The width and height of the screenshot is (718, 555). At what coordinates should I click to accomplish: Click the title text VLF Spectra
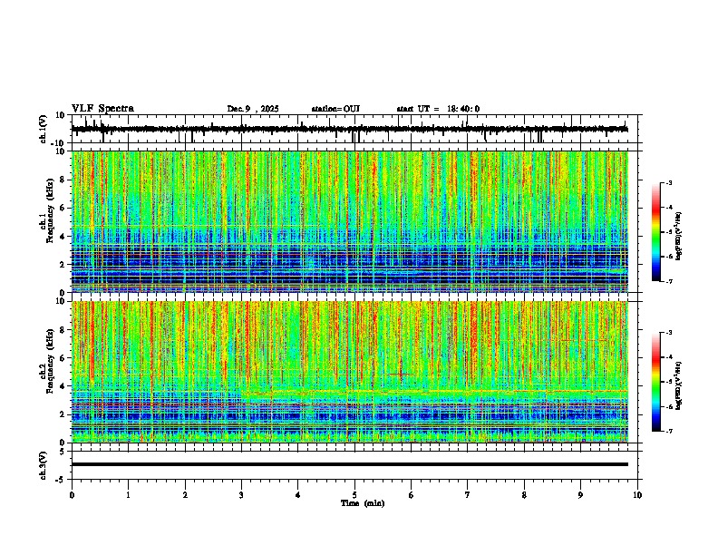coord(102,109)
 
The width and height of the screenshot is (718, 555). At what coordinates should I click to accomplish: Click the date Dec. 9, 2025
coord(253,109)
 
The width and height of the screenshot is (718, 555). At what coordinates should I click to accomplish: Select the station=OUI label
coord(335,109)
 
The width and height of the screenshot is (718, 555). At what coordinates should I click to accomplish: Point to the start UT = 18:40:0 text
coord(438,109)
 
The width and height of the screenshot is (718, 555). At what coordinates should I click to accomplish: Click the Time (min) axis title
coord(362,502)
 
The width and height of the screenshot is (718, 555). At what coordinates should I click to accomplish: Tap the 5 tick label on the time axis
coord(354,495)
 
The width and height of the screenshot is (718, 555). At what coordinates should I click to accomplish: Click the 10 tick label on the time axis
coord(637,495)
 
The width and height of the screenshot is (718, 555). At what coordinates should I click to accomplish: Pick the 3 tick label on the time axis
coord(241,495)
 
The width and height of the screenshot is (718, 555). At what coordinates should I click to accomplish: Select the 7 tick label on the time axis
coord(468,495)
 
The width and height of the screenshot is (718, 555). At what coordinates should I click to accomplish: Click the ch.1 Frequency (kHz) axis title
coord(45,222)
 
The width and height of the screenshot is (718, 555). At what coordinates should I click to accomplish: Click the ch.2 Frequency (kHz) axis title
coord(45,372)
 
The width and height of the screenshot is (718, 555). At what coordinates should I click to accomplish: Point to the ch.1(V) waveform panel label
coord(44,130)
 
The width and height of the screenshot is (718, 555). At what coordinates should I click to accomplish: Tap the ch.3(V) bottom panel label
coord(44,464)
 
